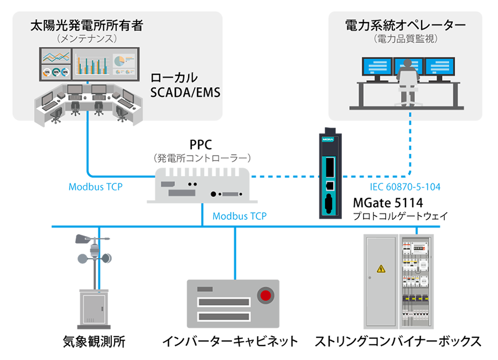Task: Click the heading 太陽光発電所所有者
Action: [87, 25]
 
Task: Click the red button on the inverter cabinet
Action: [267, 295]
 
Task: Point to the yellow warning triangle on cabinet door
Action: [381, 269]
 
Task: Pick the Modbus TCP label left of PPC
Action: [95, 187]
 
